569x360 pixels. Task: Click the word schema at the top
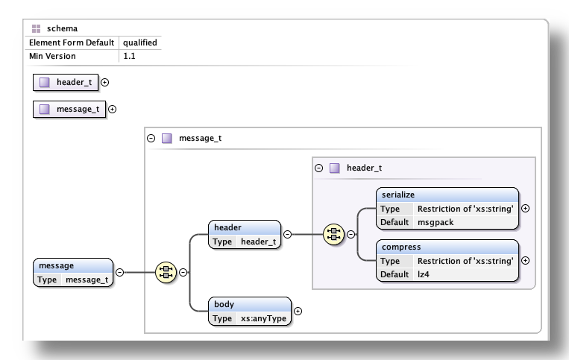[x=61, y=29]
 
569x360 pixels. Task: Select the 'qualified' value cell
[x=139, y=42]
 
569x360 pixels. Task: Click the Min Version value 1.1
[x=129, y=55]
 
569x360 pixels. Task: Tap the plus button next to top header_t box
[x=104, y=82]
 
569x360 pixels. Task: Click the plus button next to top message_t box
[x=112, y=109]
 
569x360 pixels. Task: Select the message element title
[x=57, y=265]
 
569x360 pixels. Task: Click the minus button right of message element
[x=119, y=273]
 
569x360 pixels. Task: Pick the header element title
[x=227, y=227]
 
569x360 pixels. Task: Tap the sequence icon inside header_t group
[x=333, y=235]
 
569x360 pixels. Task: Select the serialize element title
[x=397, y=195]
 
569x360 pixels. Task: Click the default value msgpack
[x=436, y=221]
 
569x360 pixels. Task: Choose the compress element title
[x=400, y=247]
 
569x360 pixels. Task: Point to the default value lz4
[x=424, y=274]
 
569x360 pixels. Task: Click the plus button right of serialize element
[x=525, y=209]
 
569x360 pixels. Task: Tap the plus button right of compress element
[x=525, y=261]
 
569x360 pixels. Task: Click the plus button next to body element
[x=298, y=312]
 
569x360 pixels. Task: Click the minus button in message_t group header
[x=151, y=138]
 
